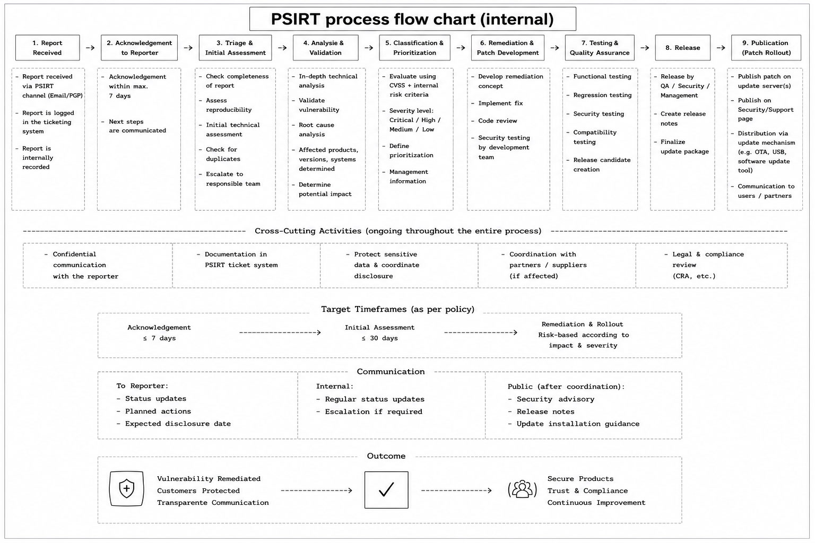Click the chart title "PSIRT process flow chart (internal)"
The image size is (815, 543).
(x=412, y=19)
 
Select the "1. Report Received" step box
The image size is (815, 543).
(x=48, y=48)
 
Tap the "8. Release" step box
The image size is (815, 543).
(x=682, y=48)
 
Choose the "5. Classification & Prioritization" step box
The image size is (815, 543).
(x=414, y=48)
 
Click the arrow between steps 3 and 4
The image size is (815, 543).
(x=282, y=48)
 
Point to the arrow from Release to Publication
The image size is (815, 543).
(x=721, y=48)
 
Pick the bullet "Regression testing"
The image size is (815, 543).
(x=599, y=95)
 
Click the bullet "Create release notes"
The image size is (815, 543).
(x=680, y=119)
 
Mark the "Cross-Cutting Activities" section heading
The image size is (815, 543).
(x=398, y=231)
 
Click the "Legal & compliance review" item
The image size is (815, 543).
(x=704, y=265)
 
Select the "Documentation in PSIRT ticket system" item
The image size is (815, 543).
(x=237, y=260)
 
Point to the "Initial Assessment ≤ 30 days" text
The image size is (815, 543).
(x=379, y=333)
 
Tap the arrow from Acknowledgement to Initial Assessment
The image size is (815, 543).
(x=280, y=332)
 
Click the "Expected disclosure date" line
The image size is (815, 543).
(x=174, y=424)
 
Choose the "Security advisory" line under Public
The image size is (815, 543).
(x=551, y=399)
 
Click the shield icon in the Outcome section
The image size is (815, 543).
(x=127, y=488)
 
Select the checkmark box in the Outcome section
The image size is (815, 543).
(x=386, y=490)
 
